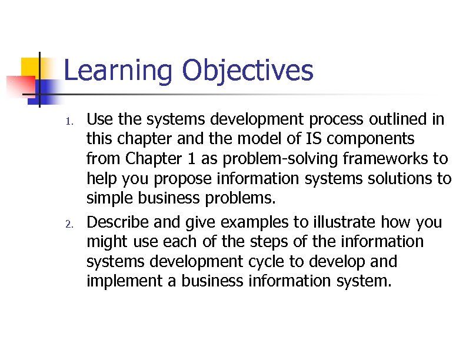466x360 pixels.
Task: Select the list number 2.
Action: [x=68, y=224]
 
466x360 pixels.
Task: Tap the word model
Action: [x=285, y=139]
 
